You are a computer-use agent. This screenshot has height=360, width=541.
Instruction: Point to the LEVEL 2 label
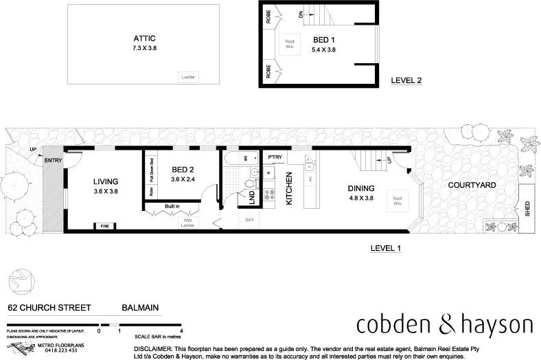coord(406,80)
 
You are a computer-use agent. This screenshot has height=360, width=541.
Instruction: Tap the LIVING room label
coord(106,182)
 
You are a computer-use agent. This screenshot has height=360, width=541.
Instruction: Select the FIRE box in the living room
coord(105,226)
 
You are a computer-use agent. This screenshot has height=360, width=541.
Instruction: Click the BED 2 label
coord(184,170)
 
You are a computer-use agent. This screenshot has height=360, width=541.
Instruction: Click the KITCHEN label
coord(290,187)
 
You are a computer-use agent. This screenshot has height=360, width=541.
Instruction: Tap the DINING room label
coord(360,188)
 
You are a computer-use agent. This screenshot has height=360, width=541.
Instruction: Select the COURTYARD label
coord(472,185)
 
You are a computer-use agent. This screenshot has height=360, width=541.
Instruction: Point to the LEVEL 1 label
coord(385,248)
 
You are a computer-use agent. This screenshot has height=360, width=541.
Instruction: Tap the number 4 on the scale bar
coord(181,330)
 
